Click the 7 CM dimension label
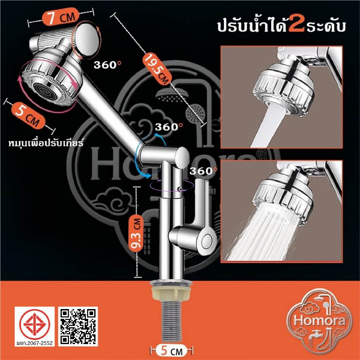[x=60, y=17]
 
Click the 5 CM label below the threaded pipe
[x=171, y=352]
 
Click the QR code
[x=78, y=326]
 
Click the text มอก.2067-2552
[x=35, y=343]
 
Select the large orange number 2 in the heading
[x=297, y=26]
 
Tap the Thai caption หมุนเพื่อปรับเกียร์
[x=46, y=143]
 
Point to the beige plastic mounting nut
[x=171, y=293]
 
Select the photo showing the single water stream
[x=282, y=97]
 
